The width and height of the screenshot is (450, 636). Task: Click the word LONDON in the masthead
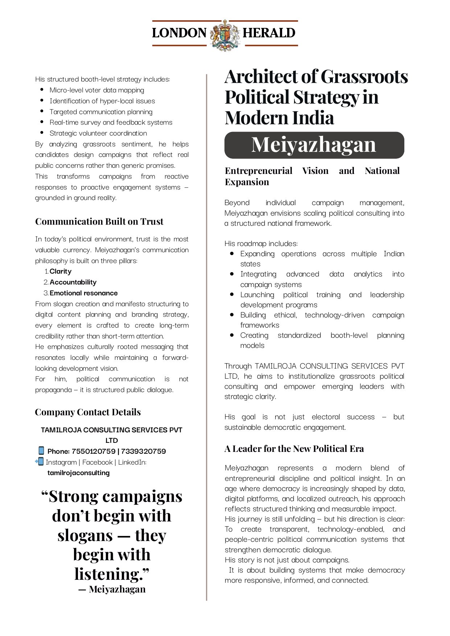(x=179, y=33)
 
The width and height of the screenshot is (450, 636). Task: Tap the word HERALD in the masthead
(x=269, y=33)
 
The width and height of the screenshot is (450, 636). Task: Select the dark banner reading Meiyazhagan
(x=314, y=145)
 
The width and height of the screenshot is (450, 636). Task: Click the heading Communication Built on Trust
(x=99, y=221)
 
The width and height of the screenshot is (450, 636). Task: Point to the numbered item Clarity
(x=61, y=271)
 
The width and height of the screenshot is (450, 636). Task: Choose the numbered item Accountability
(x=73, y=282)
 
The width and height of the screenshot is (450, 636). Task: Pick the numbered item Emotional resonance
(x=83, y=293)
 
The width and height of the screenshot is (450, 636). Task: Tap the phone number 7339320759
(x=143, y=451)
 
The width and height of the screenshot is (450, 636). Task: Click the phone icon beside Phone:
(x=41, y=451)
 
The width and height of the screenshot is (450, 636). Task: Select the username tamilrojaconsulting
(x=78, y=473)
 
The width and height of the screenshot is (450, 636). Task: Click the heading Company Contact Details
(x=88, y=412)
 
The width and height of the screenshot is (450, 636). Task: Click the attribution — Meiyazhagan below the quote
(x=112, y=589)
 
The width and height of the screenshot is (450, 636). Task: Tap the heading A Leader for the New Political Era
(x=294, y=449)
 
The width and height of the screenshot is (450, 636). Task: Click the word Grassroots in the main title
(x=364, y=77)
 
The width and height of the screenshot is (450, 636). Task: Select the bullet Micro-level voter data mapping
(x=97, y=90)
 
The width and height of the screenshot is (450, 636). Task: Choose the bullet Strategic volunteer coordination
(x=98, y=133)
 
